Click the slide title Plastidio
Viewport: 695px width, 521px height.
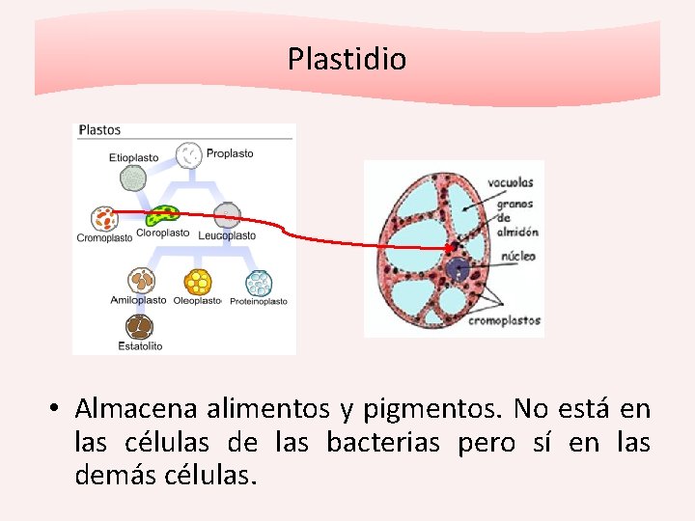click(x=347, y=60)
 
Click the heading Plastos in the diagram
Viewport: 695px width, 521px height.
click(x=99, y=129)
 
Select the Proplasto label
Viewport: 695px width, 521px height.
click(x=230, y=153)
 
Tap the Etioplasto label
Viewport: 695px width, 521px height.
click(x=133, y=157)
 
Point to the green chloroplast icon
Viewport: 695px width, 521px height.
click(x=163, y=214)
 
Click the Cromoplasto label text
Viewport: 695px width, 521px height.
click(x=104, y=238)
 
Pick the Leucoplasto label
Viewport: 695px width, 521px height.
click(x=227, y=235)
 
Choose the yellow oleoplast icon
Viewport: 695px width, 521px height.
click(x=198, y=281)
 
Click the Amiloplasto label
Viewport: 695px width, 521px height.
click(x=138, y=300)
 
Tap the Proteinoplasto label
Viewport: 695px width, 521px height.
click(x=258, y=301)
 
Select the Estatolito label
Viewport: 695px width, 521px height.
click(x=140, y=345)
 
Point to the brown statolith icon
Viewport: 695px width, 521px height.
click(x=140, y=326)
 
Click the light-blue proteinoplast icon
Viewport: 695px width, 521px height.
click(x=258, y=282)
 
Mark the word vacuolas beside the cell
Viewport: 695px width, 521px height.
click(x=511, y=181)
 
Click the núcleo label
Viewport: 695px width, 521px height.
click(x=517, y=257)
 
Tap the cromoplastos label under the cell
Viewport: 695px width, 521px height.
click(x=504, y=320)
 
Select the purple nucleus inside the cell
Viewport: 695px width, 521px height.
click(x=457, y=271)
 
